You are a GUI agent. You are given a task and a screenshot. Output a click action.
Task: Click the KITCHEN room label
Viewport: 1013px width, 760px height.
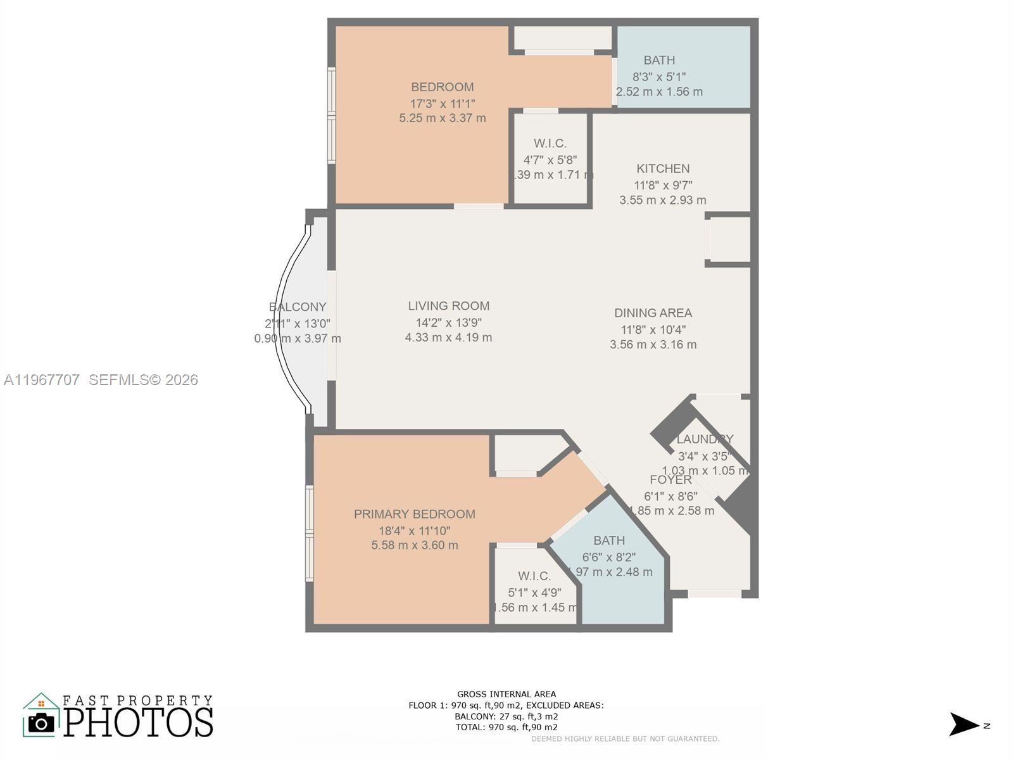click(x=663, y=168)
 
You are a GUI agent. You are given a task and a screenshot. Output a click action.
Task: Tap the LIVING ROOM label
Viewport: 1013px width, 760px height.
click(x=448, y=306)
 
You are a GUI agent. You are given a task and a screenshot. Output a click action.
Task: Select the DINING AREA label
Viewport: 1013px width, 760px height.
click(x=653, y=313)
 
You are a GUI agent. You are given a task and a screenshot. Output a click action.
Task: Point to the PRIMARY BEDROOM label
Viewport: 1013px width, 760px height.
click(x=414, y=514)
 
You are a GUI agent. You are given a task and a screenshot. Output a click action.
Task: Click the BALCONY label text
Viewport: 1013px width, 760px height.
click(x=298, y=307)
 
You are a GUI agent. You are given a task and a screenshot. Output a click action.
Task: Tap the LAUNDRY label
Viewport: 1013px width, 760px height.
click(x=705, y=439)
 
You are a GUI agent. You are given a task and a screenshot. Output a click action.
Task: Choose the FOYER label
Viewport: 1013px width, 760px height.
click(x=670, y=479)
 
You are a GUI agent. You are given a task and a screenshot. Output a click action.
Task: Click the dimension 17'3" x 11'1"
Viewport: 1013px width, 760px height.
click(x=443, y=103)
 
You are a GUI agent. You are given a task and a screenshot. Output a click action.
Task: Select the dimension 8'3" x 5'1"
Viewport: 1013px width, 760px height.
click(x=659, y=77)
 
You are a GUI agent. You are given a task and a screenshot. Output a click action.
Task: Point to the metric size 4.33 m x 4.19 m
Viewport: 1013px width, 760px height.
click(x=448, y=338)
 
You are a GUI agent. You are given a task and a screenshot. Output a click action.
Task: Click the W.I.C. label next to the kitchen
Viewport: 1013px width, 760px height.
click(x=550, y=144)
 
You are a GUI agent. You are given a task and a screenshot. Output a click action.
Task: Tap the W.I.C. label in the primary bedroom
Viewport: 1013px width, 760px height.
click(x=534, y=576)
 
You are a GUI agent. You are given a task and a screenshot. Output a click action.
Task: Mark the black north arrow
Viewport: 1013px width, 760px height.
click(x=964, y=725)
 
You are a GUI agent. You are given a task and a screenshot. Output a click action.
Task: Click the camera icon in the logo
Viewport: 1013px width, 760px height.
click(x=42, y=723)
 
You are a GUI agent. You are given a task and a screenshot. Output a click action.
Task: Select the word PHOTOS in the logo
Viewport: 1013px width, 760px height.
click(x=138, y=723)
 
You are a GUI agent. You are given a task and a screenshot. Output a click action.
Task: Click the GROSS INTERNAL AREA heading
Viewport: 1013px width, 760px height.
click(x=507, y=694)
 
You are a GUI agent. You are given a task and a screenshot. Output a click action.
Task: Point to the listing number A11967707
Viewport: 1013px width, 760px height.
click(x=42, y=380)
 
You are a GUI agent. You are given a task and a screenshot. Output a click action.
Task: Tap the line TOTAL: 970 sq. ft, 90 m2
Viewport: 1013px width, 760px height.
click(x=507, y=727)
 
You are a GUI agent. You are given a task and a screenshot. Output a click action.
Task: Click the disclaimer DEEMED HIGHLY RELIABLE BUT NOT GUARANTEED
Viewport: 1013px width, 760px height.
click(x=625, y=738)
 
